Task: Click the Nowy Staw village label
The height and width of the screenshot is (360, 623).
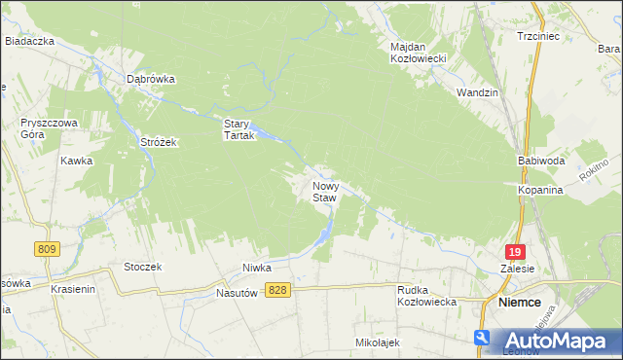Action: click(324, 191)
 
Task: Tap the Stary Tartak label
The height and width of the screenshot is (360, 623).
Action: click(238, 129)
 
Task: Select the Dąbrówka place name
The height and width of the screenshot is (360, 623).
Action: click(150, 80)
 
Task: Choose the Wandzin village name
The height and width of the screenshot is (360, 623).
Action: click(477, 92)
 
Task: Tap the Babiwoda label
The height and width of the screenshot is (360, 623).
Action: click(540, 160)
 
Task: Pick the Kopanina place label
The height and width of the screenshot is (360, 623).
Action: click(540, 191)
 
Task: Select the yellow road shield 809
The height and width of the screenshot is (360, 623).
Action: click(46, 249)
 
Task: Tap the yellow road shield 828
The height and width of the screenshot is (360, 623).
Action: click(277, 290)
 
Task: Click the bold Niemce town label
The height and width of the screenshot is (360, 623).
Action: click(519, 303)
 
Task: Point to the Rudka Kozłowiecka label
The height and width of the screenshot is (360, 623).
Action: click(427, 296)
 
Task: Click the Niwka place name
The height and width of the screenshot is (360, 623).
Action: click(256, 268)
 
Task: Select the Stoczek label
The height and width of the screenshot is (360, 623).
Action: click(142, 267)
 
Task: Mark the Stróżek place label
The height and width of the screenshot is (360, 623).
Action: click(157, 142)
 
